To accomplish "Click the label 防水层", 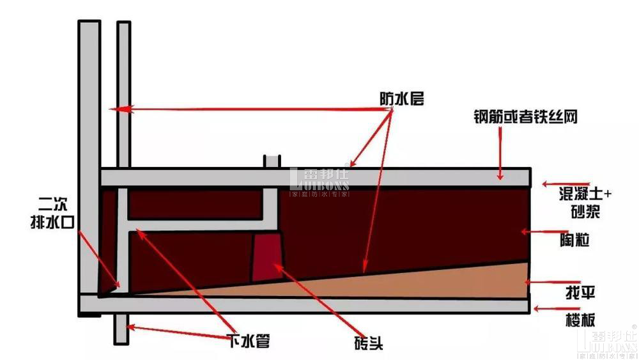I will [x=401, y=98].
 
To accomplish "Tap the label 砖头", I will [x=366, y=342].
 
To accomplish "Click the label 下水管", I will [x=249, y=341].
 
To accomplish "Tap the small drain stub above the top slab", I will [x=272, y=160].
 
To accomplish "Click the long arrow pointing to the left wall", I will [x=249, y=110].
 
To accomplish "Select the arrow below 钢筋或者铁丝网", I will [x=502, y=154].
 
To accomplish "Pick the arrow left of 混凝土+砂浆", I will [x=553, y=184].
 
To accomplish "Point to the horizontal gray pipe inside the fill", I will [x=198, y=226].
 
